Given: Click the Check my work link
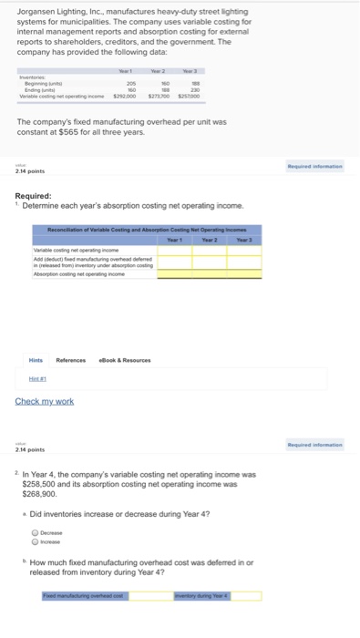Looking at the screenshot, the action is (x=45, y=402).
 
